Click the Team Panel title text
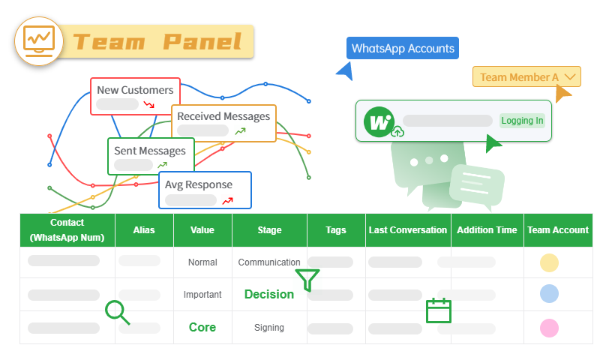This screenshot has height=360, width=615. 157,41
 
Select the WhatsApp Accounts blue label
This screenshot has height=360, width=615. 403,49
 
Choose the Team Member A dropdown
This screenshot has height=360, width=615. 526,76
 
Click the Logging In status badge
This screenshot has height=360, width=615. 522,121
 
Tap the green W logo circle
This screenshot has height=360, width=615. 379,121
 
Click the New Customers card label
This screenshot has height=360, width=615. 135,90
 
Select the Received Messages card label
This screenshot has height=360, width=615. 223,116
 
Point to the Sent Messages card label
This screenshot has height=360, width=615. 150,151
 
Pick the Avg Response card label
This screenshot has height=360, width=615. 199,184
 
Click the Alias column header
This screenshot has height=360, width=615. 144,230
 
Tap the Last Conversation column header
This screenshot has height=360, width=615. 408,230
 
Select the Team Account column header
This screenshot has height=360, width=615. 558,230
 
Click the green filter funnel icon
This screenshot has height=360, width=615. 307,280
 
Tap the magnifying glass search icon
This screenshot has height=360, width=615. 117,312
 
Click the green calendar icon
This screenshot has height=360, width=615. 438,310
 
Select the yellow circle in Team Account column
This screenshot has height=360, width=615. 549,262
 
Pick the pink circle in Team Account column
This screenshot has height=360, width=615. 549,328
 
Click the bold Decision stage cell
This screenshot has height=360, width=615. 269,295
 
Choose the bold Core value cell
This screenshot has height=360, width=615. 202,328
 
